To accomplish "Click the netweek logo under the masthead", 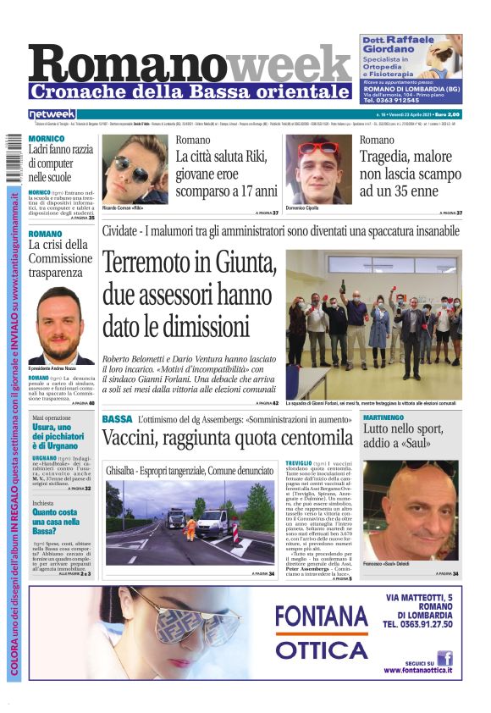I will [52, 114].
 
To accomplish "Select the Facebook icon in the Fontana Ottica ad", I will [444, 658].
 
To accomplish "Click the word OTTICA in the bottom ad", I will [321, 649].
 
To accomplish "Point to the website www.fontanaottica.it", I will [418, 671].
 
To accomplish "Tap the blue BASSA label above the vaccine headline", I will [117, 419].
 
